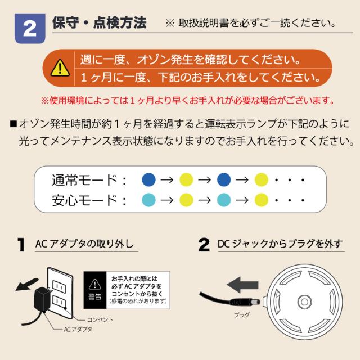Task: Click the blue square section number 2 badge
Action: [30, 29]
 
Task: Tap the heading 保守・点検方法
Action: [99, 22]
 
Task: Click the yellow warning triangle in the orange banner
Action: [60, 67]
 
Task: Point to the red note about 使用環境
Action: [187, 100]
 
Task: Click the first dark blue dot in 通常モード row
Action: [148, 179]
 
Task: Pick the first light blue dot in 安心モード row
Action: [148, 200]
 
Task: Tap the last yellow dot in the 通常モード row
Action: [262, 179]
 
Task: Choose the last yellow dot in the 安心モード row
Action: [262, 200]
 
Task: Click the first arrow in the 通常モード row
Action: [167, 180]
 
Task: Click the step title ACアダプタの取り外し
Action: [84, 244]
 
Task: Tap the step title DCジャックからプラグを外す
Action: [280, 244]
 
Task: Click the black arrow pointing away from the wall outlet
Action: [26, 284]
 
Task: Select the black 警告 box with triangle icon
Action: [95, 290]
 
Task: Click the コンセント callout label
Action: [100, 320]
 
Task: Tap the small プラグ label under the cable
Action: [242, 315]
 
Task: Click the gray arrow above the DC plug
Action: [242, 285]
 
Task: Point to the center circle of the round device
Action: [304, 301]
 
